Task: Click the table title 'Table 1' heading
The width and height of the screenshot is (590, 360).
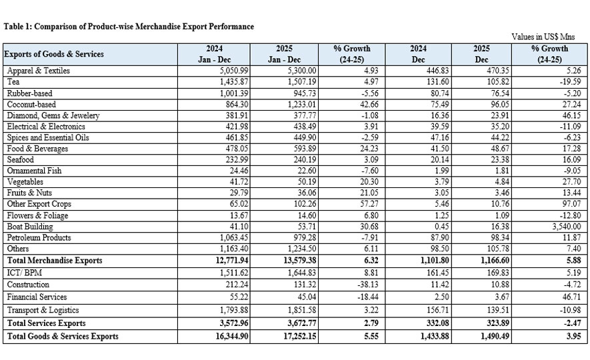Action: click(x=129, y=27)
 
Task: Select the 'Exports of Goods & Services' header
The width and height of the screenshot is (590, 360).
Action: click(x=54, y=53)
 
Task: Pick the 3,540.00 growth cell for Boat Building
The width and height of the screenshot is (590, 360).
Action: click(x=561, y=227)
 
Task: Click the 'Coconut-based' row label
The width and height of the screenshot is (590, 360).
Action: click(x=31, y=104)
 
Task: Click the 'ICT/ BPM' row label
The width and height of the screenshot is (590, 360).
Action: click(x=23, y=272)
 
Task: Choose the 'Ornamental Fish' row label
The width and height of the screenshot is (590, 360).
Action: click(x=35, y=171)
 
